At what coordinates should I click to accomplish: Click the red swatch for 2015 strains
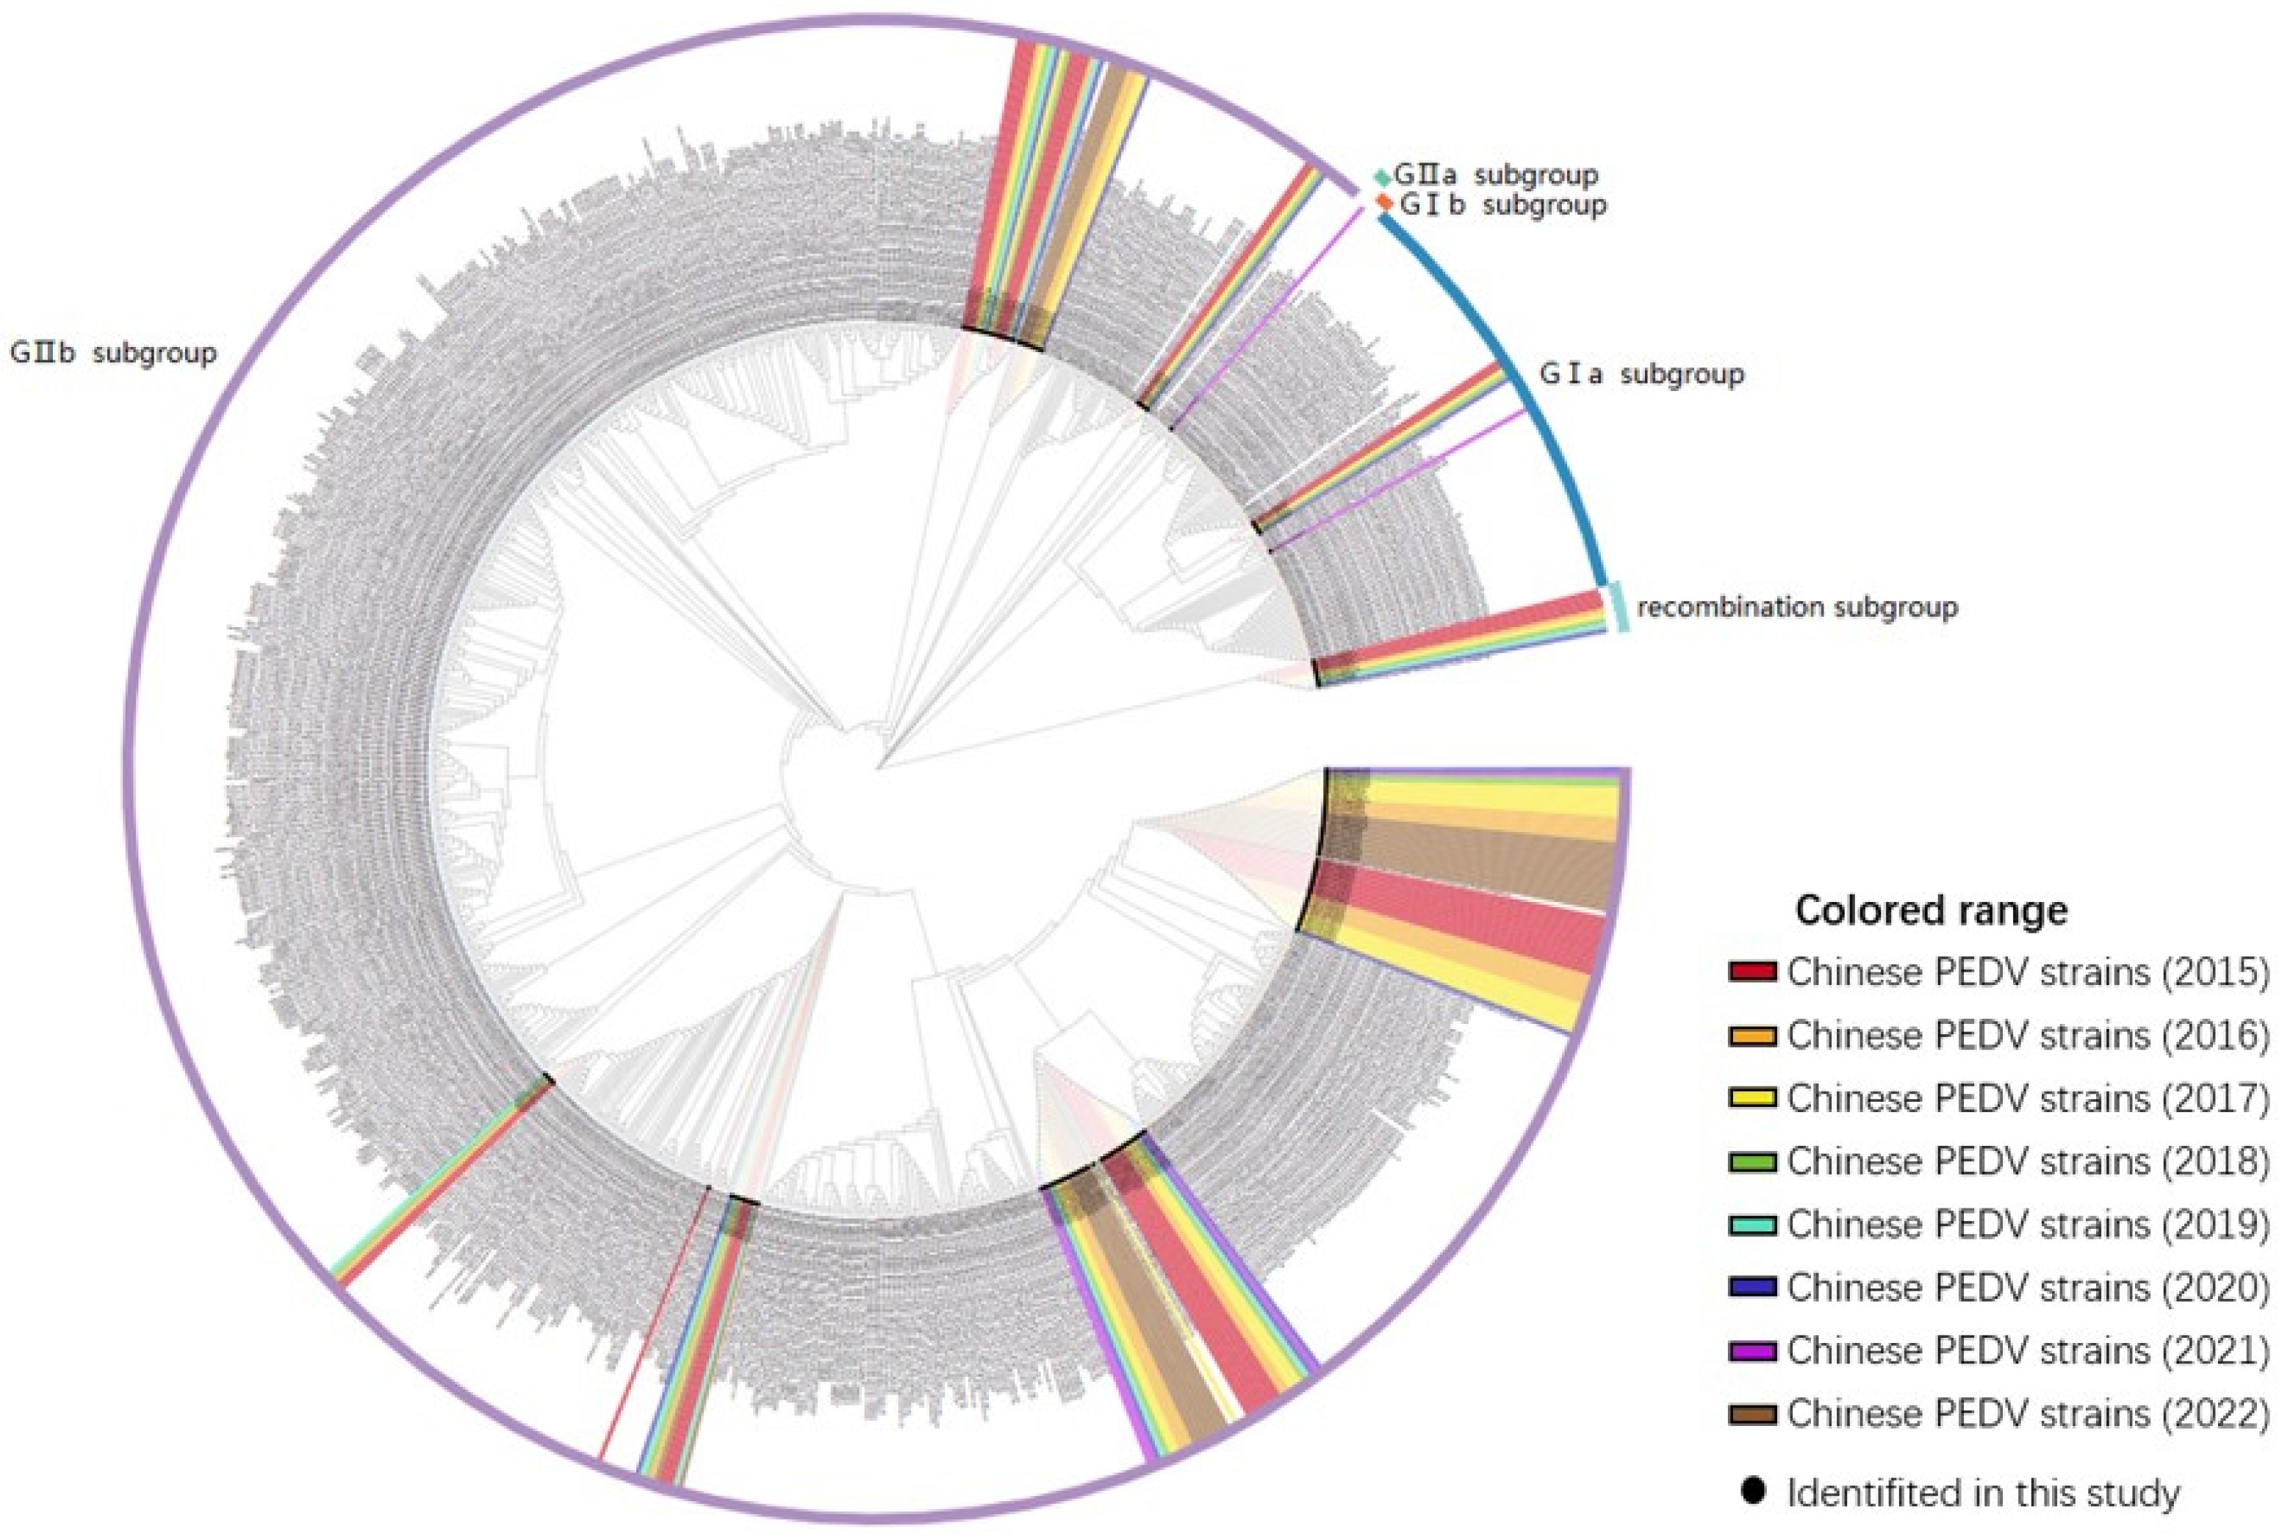[1754, 972]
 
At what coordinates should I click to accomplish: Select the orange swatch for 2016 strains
[1754, 1035]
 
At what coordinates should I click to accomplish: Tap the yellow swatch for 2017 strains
[1754, 1098]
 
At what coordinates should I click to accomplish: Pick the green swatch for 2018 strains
[1754, 1161]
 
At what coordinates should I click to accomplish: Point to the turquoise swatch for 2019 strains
[1754, 1225]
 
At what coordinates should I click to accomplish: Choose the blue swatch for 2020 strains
[1754, 1287]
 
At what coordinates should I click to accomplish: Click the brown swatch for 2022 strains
[1754, 1414]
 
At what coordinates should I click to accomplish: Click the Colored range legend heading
[1930, 911]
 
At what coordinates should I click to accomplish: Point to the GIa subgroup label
[1641, 374]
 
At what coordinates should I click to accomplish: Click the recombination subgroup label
[1797, 608]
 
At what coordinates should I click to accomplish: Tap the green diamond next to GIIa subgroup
[1381, 177]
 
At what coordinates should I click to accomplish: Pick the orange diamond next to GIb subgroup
[1383, 202]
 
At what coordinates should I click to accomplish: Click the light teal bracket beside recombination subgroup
[1621, 608]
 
